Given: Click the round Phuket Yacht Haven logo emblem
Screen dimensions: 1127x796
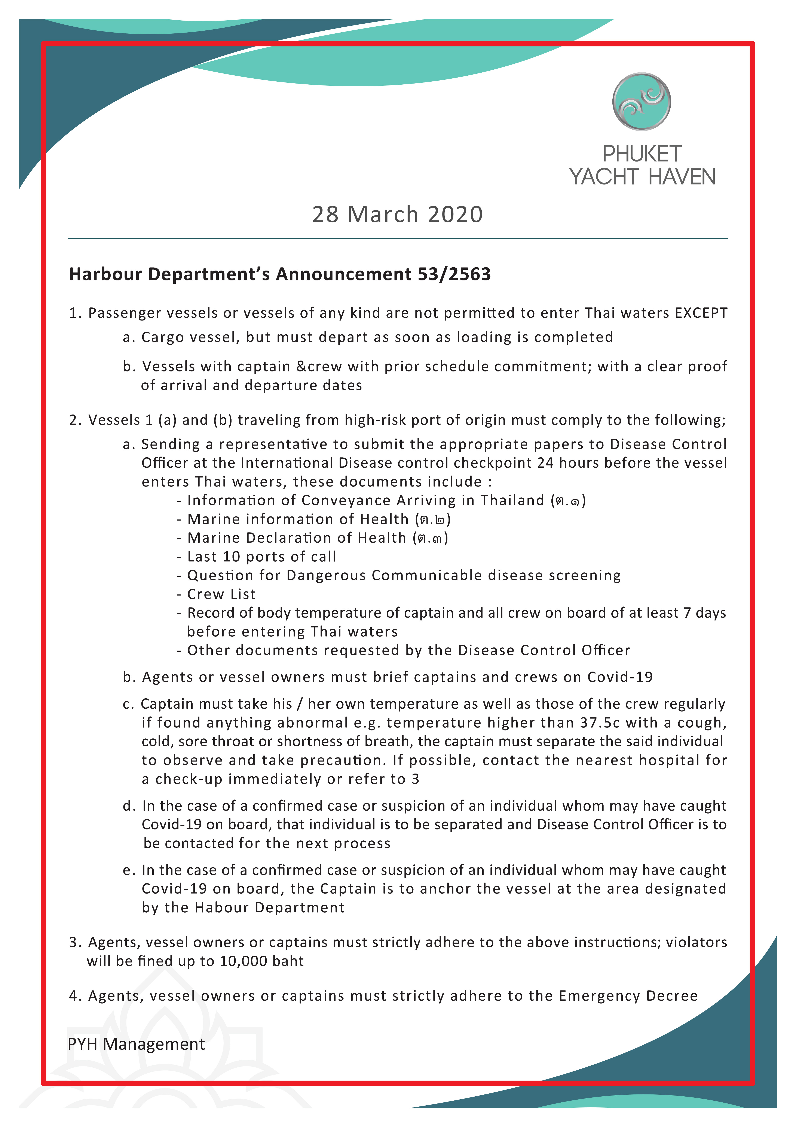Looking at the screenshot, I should click(x=641, y=102).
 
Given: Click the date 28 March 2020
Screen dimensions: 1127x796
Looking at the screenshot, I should click(x=397, y=214).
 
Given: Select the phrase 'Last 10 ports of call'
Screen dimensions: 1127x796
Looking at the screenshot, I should click(x=261, y=557).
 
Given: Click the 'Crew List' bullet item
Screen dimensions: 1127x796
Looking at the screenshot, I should click(x=221, y=594).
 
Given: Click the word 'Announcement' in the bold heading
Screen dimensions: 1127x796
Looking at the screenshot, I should click(x=344, y=274).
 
